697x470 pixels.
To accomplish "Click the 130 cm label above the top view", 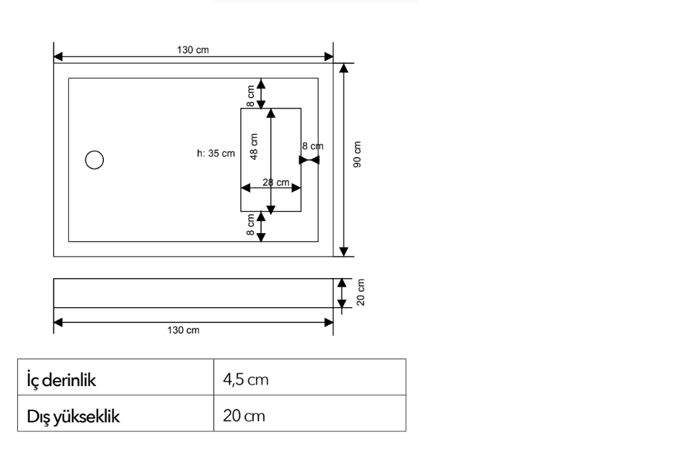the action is click(193, 50).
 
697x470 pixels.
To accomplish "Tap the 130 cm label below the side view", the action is click(183, 330).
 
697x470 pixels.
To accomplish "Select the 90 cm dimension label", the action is click(357, 154).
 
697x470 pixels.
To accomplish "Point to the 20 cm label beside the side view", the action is click(361, 292).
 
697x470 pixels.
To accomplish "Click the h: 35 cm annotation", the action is click(216, 154).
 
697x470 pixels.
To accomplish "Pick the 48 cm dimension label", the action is click(253, 146).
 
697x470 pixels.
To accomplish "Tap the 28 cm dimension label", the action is click(276, 182).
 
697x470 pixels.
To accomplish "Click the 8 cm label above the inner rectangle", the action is click(250, 96).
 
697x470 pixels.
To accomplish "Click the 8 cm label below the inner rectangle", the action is click(250, 225).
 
